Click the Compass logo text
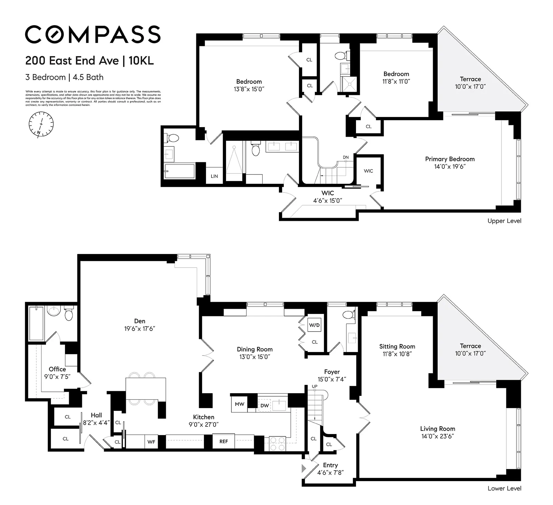point(93,34)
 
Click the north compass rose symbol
point(41,124)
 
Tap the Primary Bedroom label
point(450,159)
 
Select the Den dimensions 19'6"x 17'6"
point(140,329)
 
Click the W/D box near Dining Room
point(314,325)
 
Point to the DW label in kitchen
point(264,405)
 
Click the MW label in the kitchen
point(240,404)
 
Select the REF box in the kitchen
point(224,441)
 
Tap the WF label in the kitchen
point(151,442)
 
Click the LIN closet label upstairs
point(214,176)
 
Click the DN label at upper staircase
point(346,157)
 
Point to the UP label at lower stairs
point(315,386)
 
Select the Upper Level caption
point(504,221)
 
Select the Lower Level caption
point(504,488)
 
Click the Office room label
point(57,369)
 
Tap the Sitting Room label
point(397,346)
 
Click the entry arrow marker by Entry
point(304,469)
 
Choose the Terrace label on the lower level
point(470,346)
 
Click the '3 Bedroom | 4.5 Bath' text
point(64,77)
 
